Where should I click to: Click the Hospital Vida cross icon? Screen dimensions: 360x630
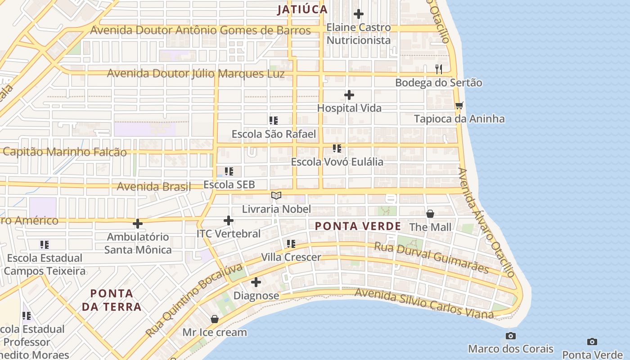[349, 95]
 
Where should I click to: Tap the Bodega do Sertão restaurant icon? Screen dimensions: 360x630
[439, 69]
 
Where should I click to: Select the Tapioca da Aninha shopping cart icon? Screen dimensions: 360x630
[459, 106]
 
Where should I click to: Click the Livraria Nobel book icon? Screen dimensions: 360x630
[276, 196]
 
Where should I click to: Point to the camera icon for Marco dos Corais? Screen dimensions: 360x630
[510, 336]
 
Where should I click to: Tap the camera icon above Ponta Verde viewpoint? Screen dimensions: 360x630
[592, 342]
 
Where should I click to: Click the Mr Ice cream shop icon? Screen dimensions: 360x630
[215, 319]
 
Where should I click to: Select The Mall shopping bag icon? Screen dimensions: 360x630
[430, 214]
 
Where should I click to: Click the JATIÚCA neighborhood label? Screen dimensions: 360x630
[302, 9]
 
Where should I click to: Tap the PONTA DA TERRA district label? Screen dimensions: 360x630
[116, 300]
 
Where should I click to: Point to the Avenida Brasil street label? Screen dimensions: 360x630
[154, 186]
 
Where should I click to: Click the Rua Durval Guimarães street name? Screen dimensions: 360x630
[432, 258]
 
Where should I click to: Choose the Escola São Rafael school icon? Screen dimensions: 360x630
[273, 121]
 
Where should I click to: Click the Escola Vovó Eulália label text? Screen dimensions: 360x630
[337, 162]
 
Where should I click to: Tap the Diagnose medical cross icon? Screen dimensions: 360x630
[256, 282]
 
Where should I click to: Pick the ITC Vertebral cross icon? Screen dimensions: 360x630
[229, 220]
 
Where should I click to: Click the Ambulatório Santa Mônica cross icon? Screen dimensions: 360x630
[138, 223]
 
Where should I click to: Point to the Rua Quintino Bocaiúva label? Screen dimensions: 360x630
[194, 301]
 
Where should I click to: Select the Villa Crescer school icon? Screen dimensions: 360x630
[291, 244]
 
